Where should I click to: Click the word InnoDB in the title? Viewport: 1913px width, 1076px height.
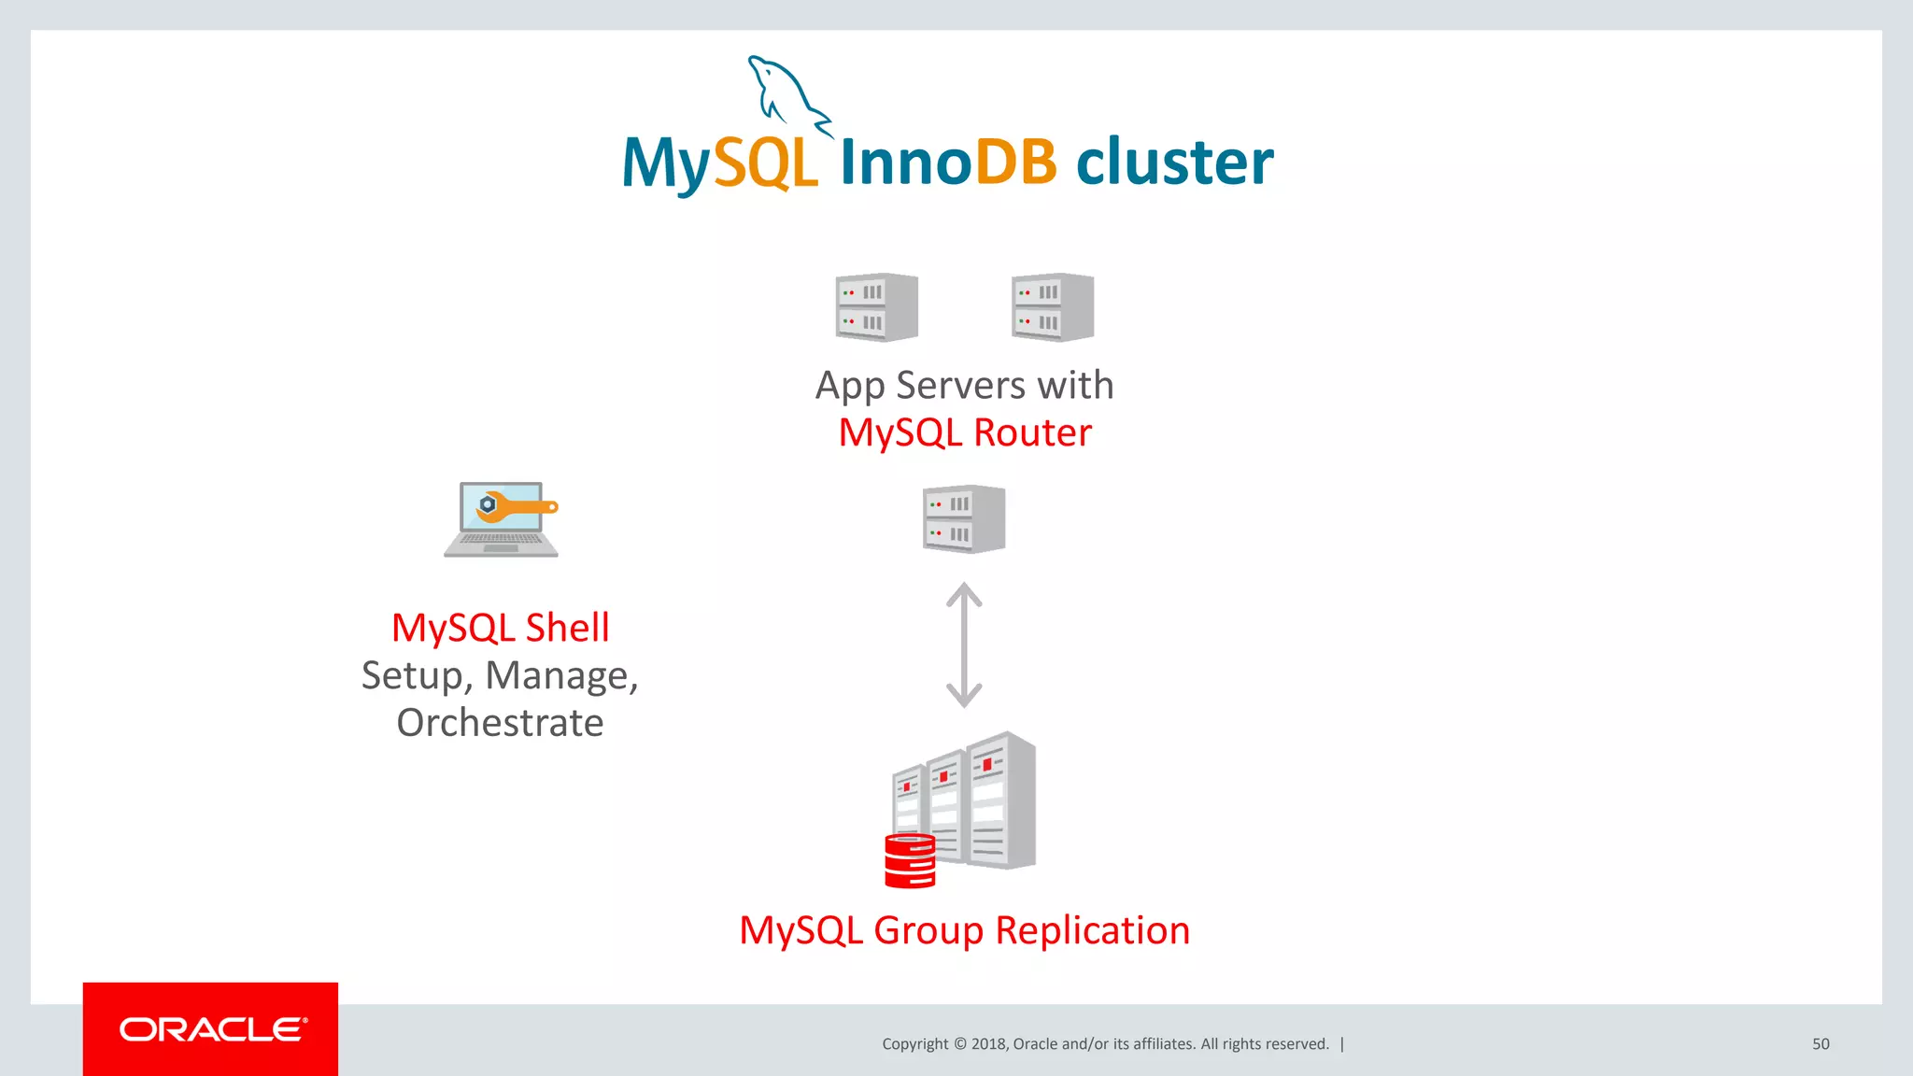tap(947, 162)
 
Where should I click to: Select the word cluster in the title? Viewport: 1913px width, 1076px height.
tap(1174, 162)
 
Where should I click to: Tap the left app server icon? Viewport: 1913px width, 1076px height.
tap(876, 307)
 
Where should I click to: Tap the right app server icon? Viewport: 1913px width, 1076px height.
tap(1053, 307)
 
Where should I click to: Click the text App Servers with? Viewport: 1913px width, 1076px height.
tap(964, 385)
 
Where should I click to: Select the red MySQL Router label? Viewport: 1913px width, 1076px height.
tap(964, 432)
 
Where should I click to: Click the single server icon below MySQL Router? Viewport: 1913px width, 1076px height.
tap(964, 519)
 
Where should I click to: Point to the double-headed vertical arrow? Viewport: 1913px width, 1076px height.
tap(964, 644)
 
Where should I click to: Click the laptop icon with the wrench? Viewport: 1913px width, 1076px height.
tap(502, 520)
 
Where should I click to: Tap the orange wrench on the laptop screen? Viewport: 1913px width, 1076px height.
tap(518, 507)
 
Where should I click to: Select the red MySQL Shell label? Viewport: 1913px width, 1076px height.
tap(501, 628)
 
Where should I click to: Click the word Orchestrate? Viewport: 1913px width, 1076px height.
tap(501, 723)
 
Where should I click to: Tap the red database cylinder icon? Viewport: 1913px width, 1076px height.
tap(910, 860)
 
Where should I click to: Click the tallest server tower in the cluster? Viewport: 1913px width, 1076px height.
tap(1001, 800)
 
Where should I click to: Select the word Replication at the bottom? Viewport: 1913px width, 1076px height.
tap(1092, 930)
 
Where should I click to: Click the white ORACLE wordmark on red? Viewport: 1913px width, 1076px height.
tap(212, 1029)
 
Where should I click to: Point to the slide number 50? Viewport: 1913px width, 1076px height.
tap(1821, 1044)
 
